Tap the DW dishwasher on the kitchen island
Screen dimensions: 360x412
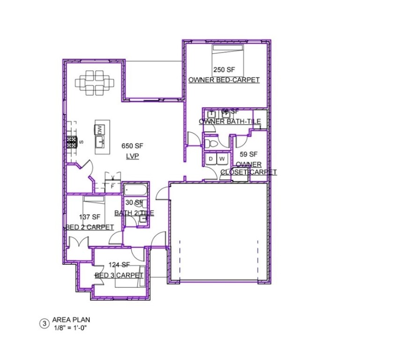99,129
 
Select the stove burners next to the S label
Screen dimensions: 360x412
71,142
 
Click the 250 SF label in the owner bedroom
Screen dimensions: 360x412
223,70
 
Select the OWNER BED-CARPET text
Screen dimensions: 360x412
224,80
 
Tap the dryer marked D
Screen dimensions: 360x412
211,159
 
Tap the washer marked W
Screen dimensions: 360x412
222,159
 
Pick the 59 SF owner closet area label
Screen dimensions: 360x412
249,154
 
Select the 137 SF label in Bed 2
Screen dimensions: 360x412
89,217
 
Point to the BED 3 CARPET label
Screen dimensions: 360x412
119,275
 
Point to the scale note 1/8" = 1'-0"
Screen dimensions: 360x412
70,327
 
